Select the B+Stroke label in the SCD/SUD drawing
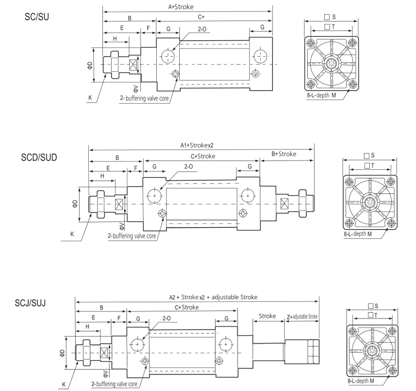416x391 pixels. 283,154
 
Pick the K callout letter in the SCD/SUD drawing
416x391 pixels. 72,234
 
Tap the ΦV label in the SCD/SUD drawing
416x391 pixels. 122,225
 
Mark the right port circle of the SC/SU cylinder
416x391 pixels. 261,56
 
